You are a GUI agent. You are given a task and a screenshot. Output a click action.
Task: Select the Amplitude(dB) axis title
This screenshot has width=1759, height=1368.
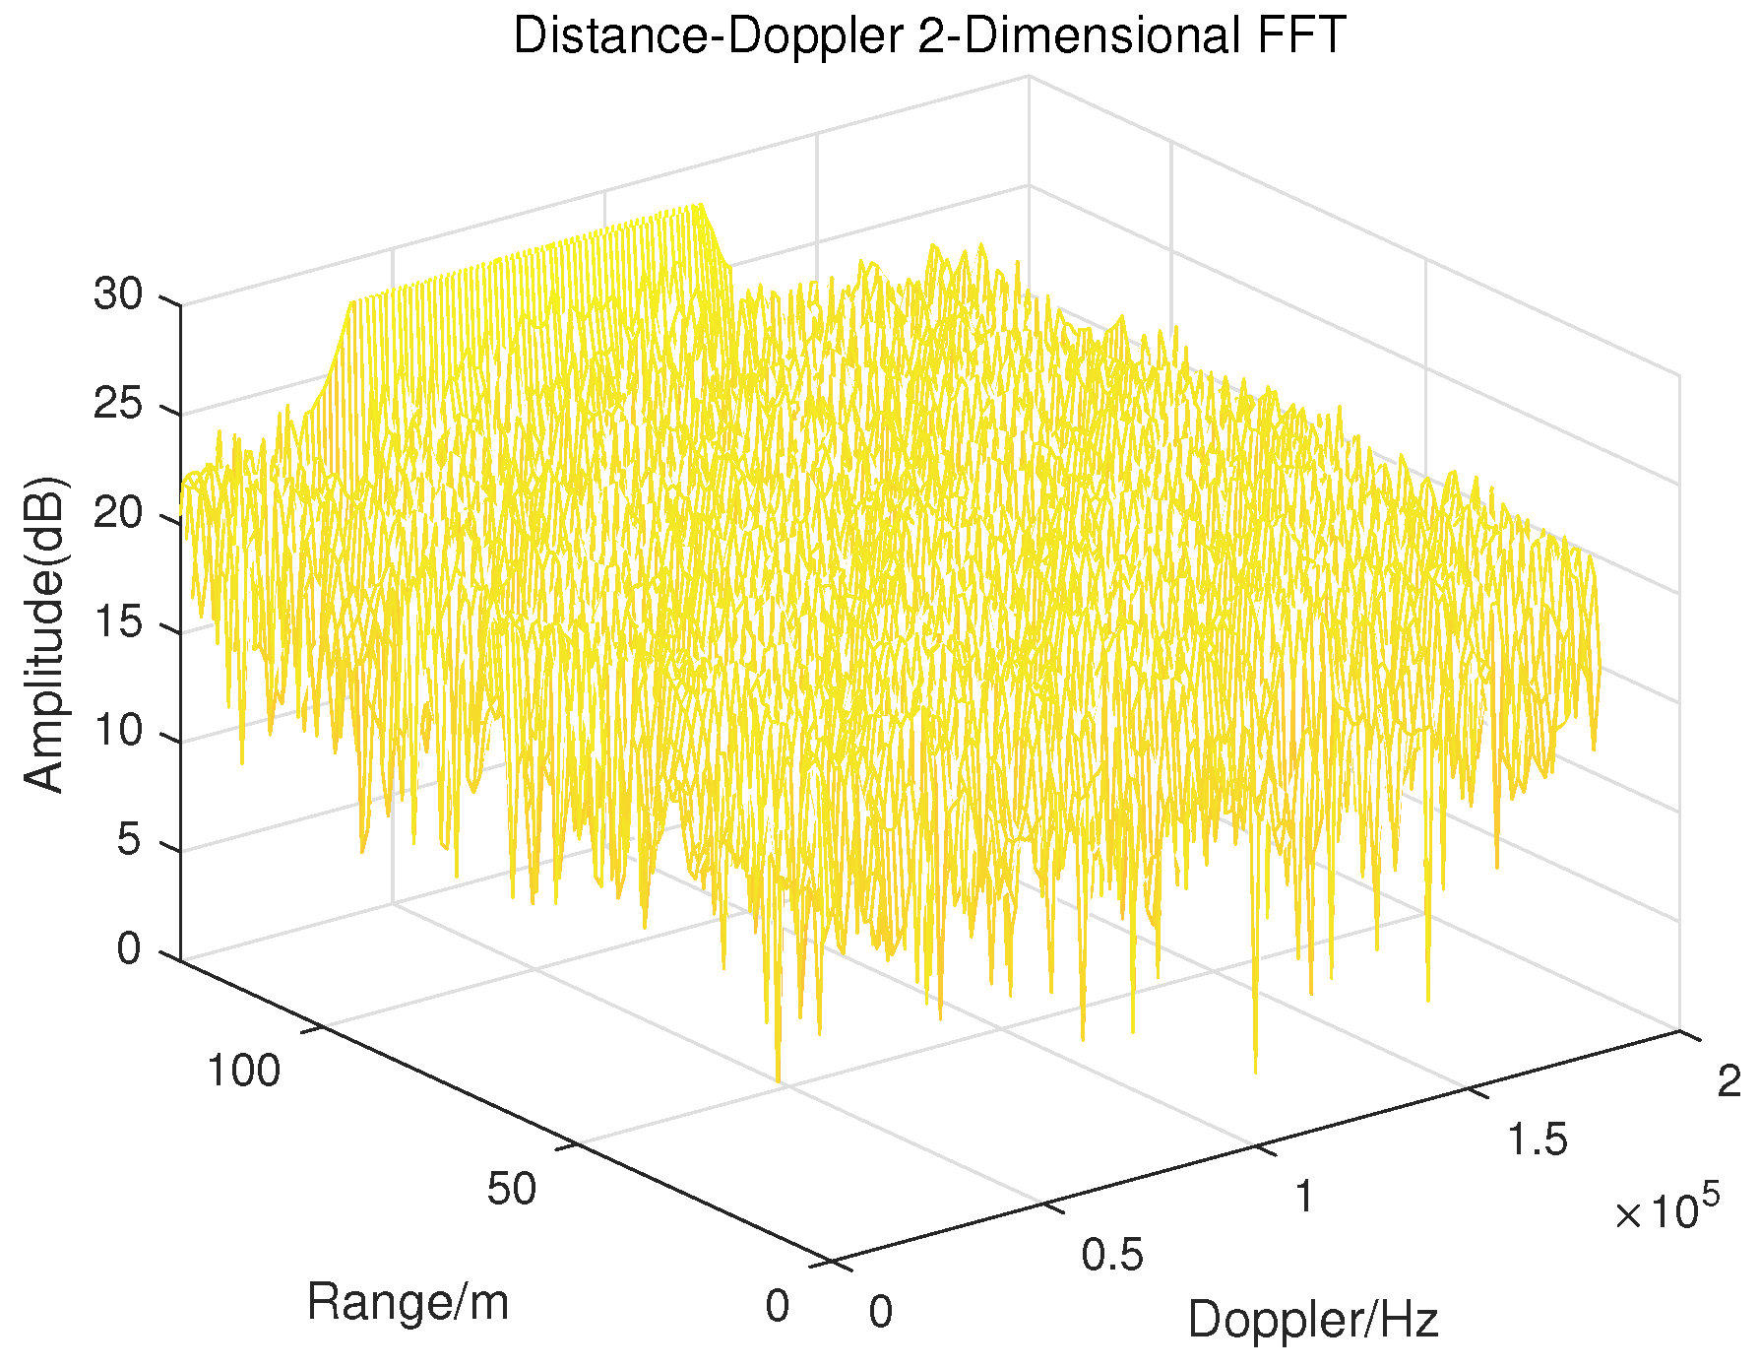click(x=44, y=633)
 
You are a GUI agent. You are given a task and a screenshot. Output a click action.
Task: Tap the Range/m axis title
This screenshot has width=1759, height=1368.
click(x=408, y=1302)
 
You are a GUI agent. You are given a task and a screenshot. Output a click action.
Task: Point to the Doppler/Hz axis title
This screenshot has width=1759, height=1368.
click(x=1313, y=1320)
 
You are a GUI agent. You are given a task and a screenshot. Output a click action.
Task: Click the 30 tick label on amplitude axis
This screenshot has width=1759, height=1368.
click(x=118, y=294)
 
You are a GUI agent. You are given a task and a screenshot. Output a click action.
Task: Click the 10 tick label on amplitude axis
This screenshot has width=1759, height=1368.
click(x=118, y=733)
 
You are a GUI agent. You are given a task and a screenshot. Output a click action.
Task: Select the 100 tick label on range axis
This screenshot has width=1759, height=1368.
click(x=243, y=1071)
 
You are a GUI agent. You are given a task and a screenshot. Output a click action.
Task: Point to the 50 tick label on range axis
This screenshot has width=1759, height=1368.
click(x=512, y=1189)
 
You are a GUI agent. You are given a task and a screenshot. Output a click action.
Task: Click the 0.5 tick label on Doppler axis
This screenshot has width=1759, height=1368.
click(x=1112, y=1256)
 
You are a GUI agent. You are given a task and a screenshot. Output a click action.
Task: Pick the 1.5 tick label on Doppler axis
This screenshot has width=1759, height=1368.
click(x=1537, y=1140)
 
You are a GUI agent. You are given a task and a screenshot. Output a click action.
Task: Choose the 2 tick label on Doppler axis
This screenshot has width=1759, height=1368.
click(x=1728, y=1081)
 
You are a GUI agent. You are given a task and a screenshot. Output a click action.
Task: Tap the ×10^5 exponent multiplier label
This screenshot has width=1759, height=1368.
click(x=1666, y=1210)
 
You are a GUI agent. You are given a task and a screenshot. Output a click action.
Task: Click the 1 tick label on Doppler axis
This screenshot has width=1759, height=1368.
click(x=1304, y=1197)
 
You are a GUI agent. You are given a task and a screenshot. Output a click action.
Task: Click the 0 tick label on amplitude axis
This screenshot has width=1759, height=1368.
click(x=130, y=950)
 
